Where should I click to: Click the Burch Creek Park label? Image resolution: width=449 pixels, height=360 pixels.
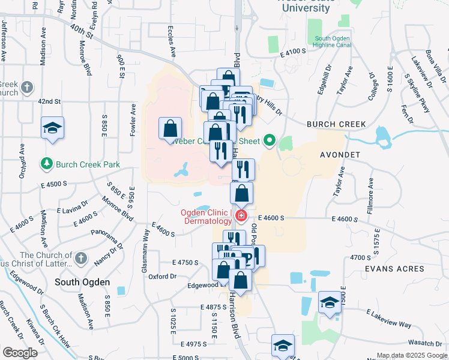88,164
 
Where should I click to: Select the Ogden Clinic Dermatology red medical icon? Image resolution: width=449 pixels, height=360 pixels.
241,215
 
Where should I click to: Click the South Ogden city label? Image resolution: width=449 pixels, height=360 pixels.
82,282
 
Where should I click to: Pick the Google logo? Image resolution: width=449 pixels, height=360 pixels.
20,353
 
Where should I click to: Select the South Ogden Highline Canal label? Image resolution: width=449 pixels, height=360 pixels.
333,43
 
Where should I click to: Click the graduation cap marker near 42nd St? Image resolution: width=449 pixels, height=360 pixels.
53,128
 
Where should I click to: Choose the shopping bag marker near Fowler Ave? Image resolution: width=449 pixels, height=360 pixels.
170,128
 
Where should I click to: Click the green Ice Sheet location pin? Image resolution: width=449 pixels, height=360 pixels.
270,141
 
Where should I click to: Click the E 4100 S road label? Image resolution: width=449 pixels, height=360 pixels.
293,53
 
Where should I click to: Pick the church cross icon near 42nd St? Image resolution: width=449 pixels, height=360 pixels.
26,88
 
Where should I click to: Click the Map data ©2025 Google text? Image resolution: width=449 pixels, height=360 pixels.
411,355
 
